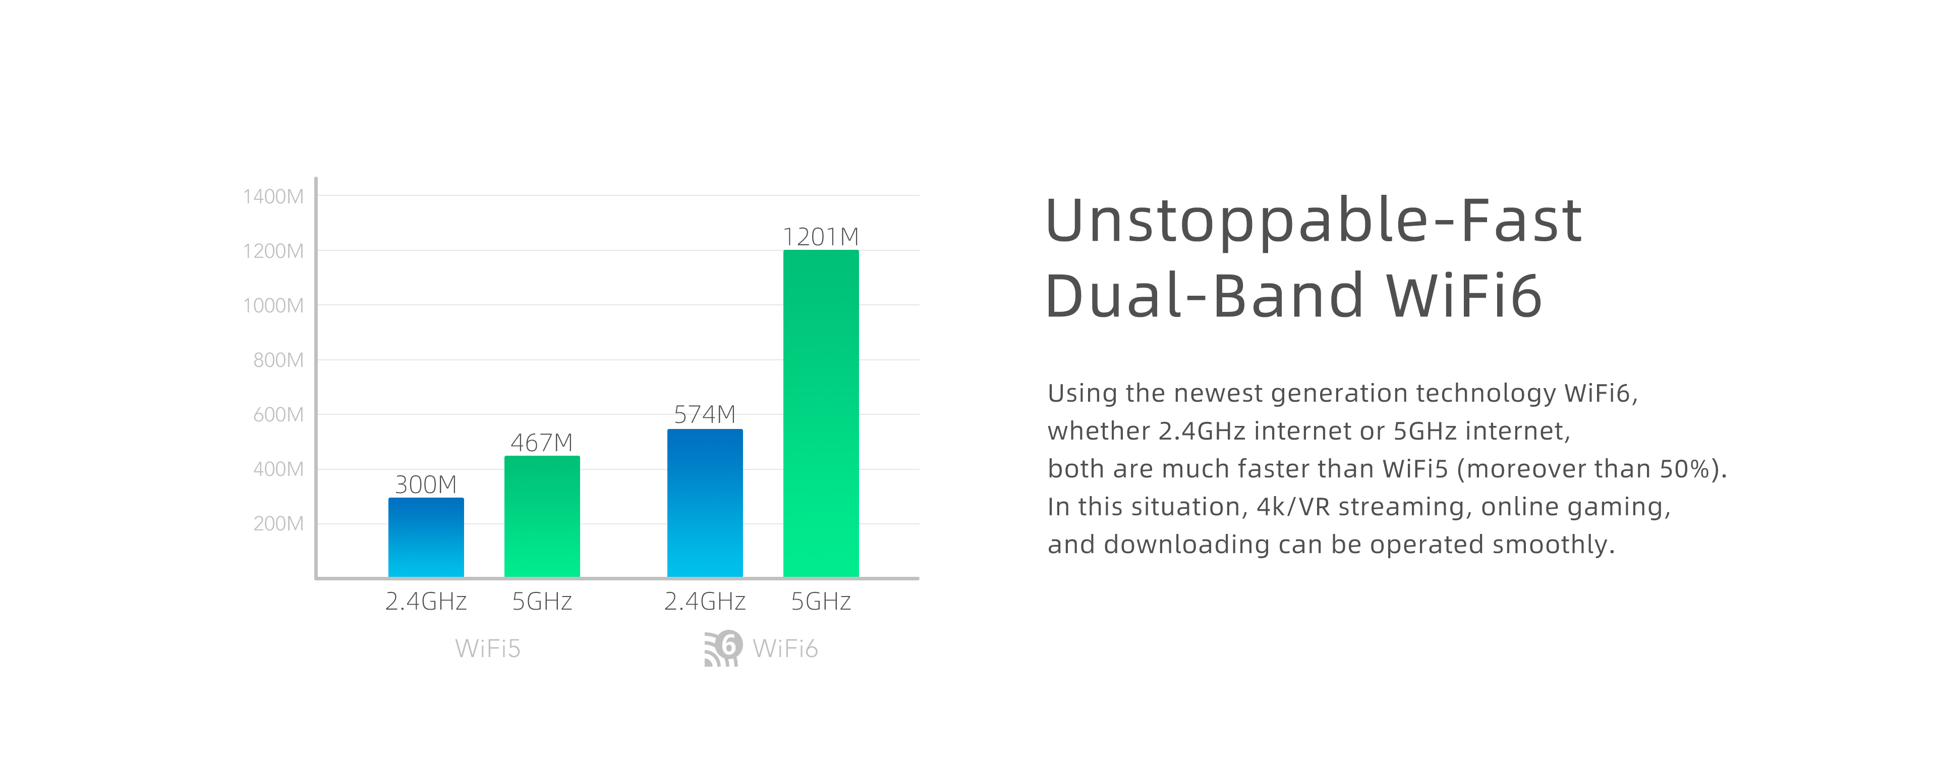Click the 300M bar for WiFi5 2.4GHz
[x=426, y=537]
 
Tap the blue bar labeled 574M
[x=705, y=503]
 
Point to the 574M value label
[x=705, y=415]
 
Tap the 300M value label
[x=426, y=484]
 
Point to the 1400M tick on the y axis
[x=273, y=196]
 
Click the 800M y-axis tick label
[x=278, y=360]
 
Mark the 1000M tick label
[x=273, y=305]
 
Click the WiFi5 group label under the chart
[x=488, y=648]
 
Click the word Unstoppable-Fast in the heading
[x=1314, y=221]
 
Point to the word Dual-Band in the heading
[x=1205, y=295]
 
